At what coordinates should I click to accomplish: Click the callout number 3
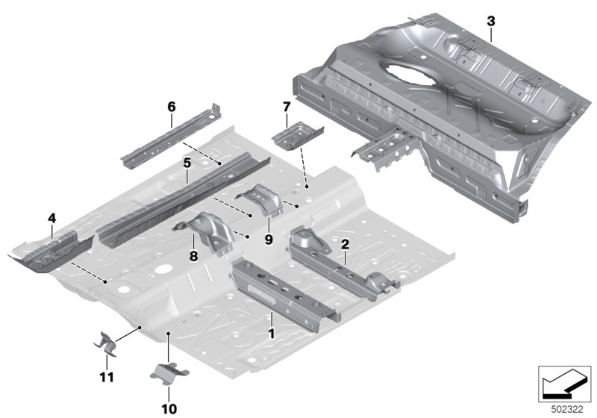[x=491, y=22]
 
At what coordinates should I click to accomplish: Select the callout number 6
[x=172, y=107]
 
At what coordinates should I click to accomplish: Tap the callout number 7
[x=287, y=107]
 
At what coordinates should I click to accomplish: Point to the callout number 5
[x=187, y=163]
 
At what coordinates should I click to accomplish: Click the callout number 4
[x=52, y=219]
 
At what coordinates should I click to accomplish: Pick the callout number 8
[x=194, y=256]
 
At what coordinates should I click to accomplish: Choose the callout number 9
[x=269, y=240]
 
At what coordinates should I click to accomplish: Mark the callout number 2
[x=345, y=244]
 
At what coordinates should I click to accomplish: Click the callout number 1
[x=272, y=334]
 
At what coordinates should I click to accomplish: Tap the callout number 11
[x=107, y=377]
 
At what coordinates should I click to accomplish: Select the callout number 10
[x=169, y=409]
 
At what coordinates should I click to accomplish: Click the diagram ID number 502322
[x=567, y=410]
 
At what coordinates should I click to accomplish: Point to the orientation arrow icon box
[x=564, y=384]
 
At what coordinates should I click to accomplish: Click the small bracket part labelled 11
[x=105, y=344]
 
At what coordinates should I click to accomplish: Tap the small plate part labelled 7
[x=297, y=136]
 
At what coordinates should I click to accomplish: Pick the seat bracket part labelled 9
[x=263, y=199]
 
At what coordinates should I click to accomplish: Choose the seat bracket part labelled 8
[x=208, y=232]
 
